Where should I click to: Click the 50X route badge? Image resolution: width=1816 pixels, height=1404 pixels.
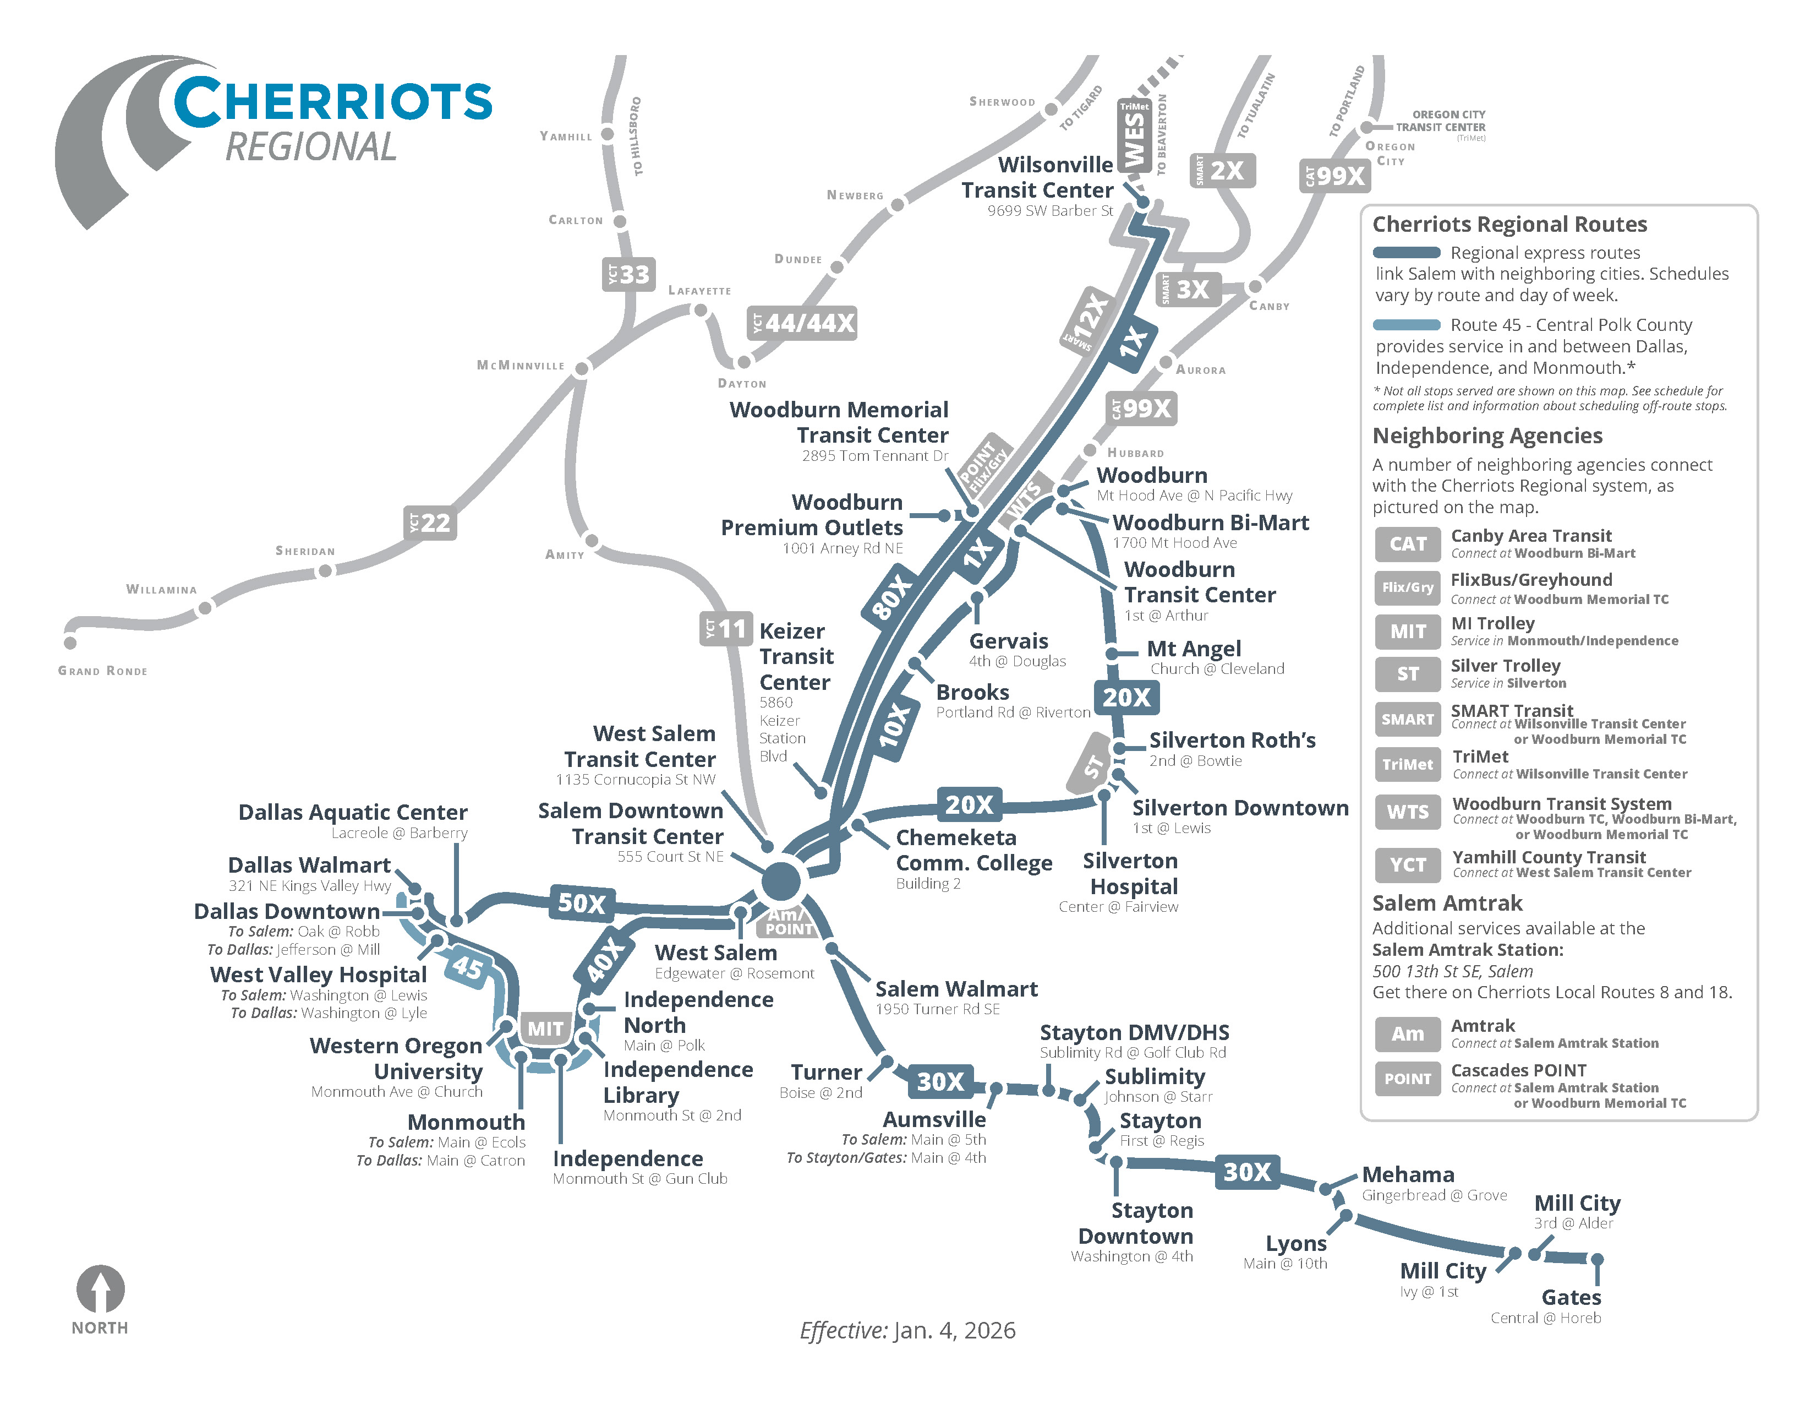pos(581,902)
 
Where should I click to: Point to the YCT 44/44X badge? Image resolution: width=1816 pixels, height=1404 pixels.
pos(802,323)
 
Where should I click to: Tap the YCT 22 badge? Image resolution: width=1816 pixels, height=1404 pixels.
pos(430,523)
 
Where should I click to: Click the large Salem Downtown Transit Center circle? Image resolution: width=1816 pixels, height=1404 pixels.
pos(781,880)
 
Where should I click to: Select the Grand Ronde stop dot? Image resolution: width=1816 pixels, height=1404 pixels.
pos(70,642)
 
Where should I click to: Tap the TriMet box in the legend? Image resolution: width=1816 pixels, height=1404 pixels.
pos(1407,764)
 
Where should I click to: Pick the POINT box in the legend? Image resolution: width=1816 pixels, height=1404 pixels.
pos(1407,1078)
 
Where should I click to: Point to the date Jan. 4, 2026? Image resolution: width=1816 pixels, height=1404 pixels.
pos(954,1330)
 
